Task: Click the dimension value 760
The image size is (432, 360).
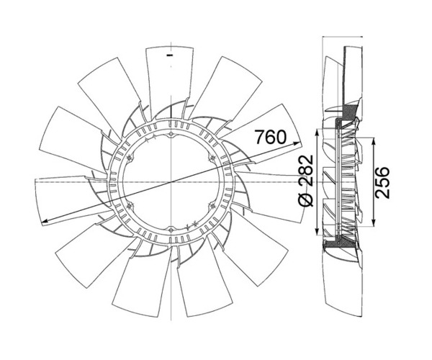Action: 270,137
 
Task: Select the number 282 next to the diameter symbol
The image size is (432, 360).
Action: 306,171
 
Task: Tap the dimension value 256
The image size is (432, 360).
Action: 382,182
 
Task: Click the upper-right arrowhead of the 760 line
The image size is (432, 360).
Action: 297,143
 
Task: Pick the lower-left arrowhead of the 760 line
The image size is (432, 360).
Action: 45,220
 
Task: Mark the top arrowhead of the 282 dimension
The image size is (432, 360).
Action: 317,132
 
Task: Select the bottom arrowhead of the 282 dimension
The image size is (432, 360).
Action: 317,232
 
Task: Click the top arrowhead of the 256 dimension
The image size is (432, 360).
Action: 373,141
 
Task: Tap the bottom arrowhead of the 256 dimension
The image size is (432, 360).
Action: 373,222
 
